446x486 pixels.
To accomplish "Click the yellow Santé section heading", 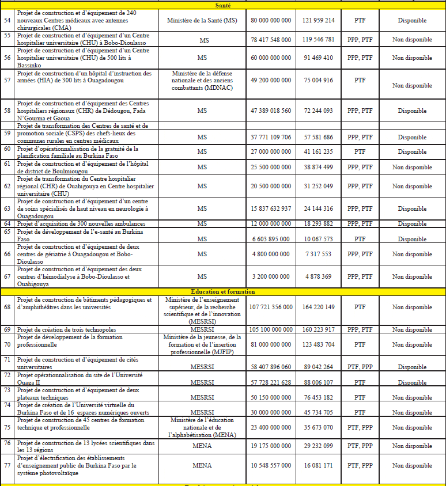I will (x=222, y=5).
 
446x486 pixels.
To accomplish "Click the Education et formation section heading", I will (x=222, y=292).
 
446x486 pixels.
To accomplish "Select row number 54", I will (x=7, y=20).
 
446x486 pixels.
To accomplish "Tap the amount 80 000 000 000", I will (x=271, y=20).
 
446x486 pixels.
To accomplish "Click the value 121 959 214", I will (x=318, y=20).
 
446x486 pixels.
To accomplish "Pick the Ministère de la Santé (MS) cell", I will (x=202, y=20).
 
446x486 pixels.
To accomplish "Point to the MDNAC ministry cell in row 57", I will (x=202, y=81).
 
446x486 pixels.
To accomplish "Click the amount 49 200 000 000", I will (x=271, y=81).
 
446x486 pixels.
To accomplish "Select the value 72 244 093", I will (x=318, y=111).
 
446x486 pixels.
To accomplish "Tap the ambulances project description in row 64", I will (x=80, y=223).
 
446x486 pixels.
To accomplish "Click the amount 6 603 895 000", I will (x=271, y=239).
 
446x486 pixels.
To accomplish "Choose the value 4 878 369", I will (x=318, y=277).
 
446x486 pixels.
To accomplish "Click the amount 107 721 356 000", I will (x=271, y=307).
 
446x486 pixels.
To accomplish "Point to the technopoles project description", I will (x=67, y=329).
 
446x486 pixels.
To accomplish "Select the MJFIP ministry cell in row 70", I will (x=202, y=344).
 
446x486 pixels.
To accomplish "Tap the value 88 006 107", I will (x=318, y=382).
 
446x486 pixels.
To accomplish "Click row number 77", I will (x=7, y=465).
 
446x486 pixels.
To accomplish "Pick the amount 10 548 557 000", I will (x=271, y=465).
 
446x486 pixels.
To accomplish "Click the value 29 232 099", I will (x=318, y=446).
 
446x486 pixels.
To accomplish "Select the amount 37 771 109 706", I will (x=271, y=138).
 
